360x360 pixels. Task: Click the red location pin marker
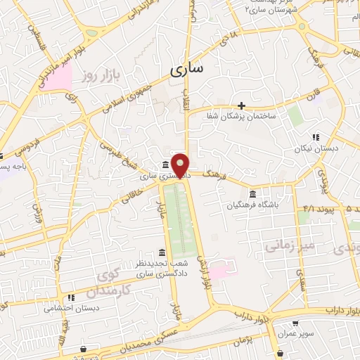pyautogui.click(x=181, y=165)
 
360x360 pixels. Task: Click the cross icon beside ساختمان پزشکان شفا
pyautogui.click(x=241, y=105)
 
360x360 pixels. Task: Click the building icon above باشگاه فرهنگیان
pyautogui.click(x=252, y=194)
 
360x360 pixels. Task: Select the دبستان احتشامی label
pyautogui.click(x=70, y=307)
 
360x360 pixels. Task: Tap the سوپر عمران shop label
pyautogui.click(x=297, y=334)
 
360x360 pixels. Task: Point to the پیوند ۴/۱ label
pyautogui.click(x=310, y=209)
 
